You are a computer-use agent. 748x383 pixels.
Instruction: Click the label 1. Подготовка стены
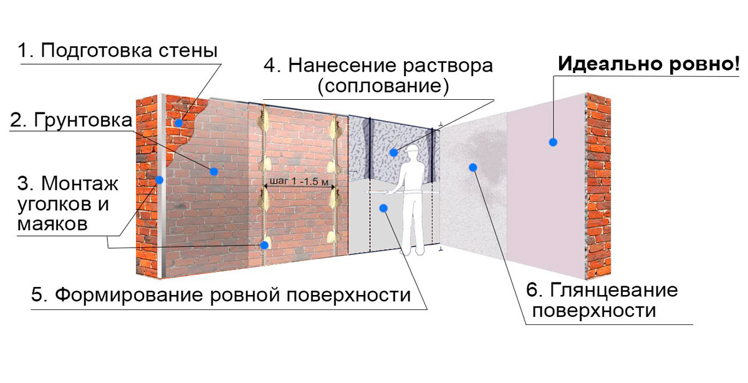click(x=118, y=51)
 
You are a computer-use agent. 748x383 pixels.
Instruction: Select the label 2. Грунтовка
click(x=71, y=120)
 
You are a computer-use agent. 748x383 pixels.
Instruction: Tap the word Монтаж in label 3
click(x=80, y=183)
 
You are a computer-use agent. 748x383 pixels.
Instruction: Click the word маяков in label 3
click(x=52, y=224)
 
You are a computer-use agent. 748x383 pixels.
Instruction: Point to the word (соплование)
click(x=383, y=86)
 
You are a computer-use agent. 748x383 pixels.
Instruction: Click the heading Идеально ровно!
click(x=649, y=64)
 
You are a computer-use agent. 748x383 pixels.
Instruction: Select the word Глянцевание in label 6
click(x=614, y=289)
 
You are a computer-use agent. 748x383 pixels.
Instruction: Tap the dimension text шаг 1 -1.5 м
click(x=299, y=182)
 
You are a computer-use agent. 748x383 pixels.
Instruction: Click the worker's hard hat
click(x=411, y=150)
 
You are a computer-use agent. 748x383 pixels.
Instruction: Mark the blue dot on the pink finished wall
click(x=553, y=142)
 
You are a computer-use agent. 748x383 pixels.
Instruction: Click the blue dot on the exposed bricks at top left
click(x=179, y=123)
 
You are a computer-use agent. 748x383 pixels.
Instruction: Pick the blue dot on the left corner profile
click(x=160, y=180)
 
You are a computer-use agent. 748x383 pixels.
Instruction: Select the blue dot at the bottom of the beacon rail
click(x=264, y=245)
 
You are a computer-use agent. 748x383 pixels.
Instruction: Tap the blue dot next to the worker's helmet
click(x=394, y=153)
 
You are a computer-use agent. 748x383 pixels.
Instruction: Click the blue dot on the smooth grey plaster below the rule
click(x=383, y=208)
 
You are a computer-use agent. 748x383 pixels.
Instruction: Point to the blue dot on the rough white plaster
click(x=473, y=167)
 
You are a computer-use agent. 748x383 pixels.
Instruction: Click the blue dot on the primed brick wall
click(x=214, y=172)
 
